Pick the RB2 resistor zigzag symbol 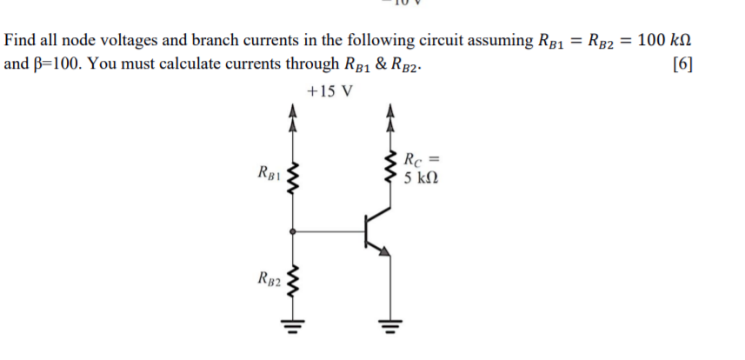[294, 280]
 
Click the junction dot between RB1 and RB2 [294, 231]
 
